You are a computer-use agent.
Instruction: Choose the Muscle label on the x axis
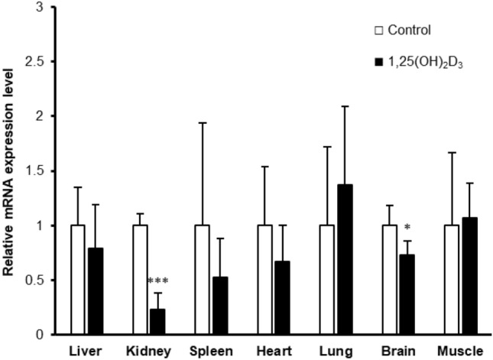tap(461, 351)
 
